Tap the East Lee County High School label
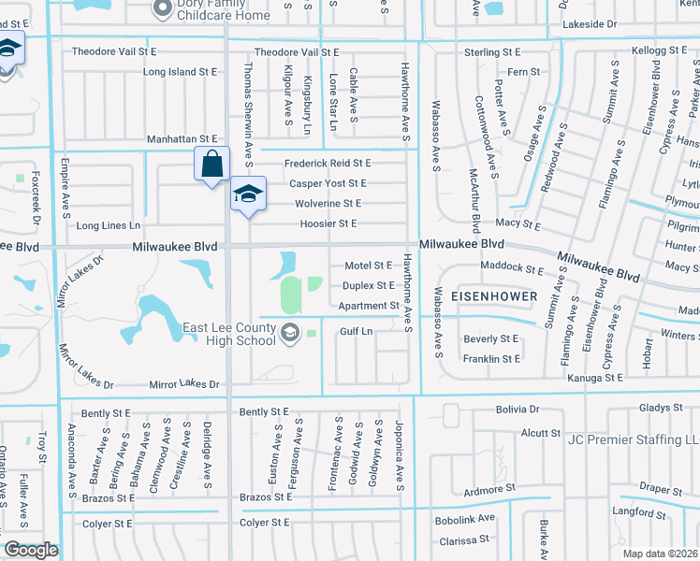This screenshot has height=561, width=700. (229, 334)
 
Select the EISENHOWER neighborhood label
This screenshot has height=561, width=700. (494, 296)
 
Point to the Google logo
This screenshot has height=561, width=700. (31, 550)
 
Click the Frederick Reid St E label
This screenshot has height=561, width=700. (328, 164)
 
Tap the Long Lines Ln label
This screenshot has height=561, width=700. (108, 225)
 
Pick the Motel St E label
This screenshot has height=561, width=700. (369, 266)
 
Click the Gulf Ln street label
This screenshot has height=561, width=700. (356, 331)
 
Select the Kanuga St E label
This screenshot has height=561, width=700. (595, 378)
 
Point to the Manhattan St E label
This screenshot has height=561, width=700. (182, 139)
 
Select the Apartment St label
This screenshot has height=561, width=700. (369, 306)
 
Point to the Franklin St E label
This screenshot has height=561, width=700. (491, 359)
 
